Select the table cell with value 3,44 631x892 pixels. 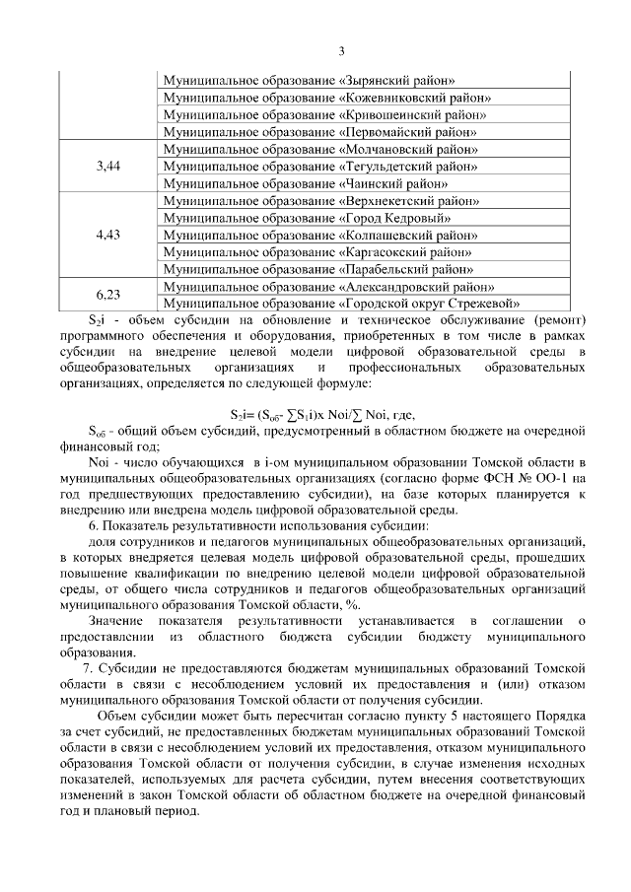pyautogui.click(x=108, y=166)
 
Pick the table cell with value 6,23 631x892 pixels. pyautogui.click(x=108, y=294)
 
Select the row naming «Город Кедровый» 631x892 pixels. pyautogui.click(x=295, y=217)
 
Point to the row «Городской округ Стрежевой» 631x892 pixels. pyautogui.click(x=341, y=303)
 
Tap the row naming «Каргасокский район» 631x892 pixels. pyautogui.click(x=316, y=251)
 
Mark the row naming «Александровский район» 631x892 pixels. pyautogui.click(x=322, y=286)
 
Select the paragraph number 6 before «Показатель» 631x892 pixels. pyautogui.click(x=92, y=526)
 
